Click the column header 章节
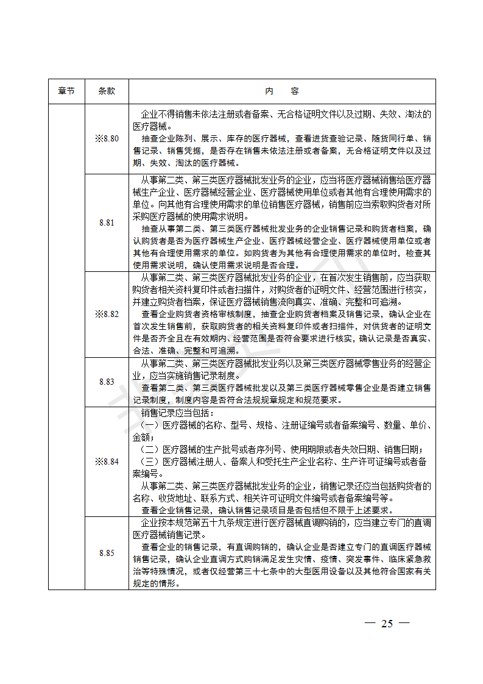pos(66,91)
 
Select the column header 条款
pos(107,91)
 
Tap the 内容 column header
pos(282,91)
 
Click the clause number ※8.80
pos(107,138)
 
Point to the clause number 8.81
pos(107,223)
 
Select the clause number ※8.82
pos(107,314)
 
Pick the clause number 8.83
pos(107,382)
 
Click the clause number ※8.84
pos(107,461)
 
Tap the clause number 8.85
pos(107,553)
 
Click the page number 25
pos(387,623)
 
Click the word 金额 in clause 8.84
pos(140,437)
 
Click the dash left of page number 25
pos(368,623)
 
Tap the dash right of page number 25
pos(404,623)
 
